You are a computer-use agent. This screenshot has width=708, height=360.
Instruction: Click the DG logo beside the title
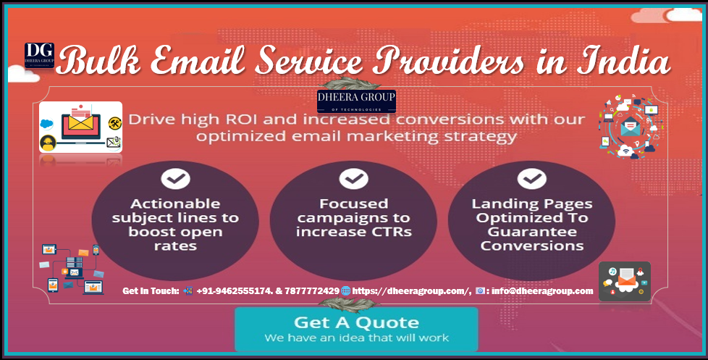click(x=39, y=56)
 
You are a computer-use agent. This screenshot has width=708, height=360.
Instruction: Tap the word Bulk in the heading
click(x=98, y=61)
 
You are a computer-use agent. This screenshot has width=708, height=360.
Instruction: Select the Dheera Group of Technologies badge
click(x=356, y=101)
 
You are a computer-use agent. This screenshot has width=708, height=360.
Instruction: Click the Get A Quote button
click(x=356, y=329)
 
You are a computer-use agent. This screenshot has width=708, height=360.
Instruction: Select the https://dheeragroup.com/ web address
click(x=411, y=291)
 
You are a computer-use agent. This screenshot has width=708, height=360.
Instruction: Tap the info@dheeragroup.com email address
click(x=542, y=291)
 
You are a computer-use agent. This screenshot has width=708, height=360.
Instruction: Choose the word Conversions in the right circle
click(x=532, y=246)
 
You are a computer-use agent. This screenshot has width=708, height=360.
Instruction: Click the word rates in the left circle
click(x=175, y=246)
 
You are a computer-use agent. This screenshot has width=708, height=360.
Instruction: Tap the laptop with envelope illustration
click(x=81, y=127)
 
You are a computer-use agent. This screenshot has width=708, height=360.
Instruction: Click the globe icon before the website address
click(x=346, y=291)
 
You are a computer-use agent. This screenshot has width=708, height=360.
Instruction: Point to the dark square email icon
click(x=625, y=281)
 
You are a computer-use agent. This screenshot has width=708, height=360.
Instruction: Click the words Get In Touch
click(x=151, y=291)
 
